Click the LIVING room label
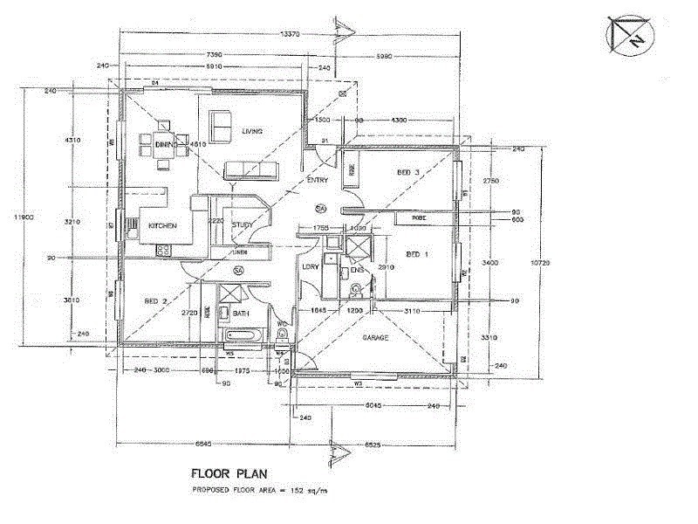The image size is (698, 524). (x=253, y=131)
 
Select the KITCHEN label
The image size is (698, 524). (x=162, y=226)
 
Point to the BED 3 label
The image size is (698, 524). (x=408, y=173)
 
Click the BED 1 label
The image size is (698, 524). (x=418, y=254)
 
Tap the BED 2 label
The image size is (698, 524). (x=156, y=301)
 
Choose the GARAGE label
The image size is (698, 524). (x=373, y=337)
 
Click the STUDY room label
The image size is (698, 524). (x=243, y=226)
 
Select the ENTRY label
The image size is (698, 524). (x=318, y=181)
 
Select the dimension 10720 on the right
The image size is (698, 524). (x=543, y=262)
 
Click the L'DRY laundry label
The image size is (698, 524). (x=310, y=267)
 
